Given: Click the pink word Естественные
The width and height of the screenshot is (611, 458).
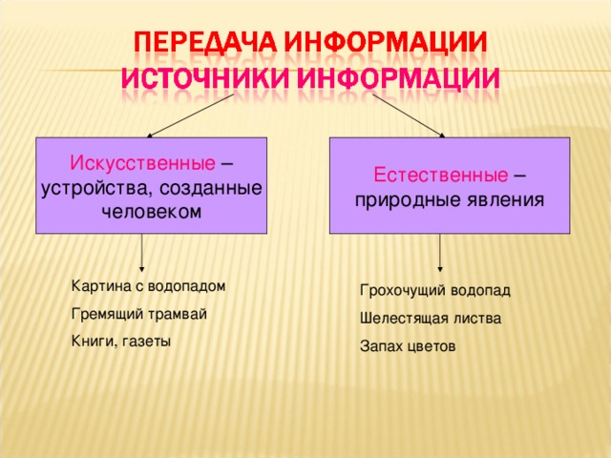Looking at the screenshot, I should click(x=438, y=177).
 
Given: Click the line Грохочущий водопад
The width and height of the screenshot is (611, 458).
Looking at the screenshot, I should click(x=434, y=290).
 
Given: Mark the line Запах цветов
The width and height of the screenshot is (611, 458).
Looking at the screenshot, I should click(x=408, y=345).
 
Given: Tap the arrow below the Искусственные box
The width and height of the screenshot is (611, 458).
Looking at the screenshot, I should click(x=142, y=254).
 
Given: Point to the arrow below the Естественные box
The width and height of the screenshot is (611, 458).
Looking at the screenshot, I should click(x=440, y=254).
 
